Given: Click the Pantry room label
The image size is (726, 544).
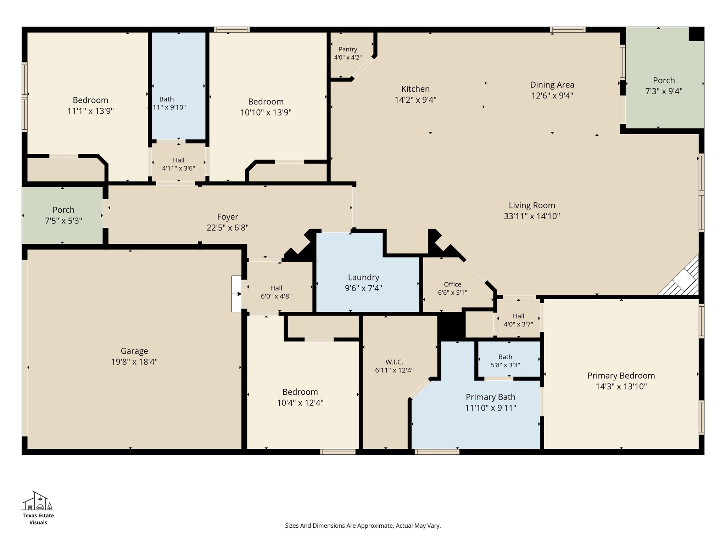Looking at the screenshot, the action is [x=348, y=49].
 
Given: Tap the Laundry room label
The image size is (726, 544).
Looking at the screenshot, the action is [x=363, y=277].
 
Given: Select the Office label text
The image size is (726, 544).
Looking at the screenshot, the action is [x=453, y=284].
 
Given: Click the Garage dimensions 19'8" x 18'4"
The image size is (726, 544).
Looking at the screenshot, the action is [x=134, y=362].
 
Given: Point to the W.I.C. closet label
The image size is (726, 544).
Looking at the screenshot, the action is [x=394, y=362].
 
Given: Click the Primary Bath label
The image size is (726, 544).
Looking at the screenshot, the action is [x=491, y=397].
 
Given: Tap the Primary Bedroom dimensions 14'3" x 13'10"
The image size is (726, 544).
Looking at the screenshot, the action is [x=621, y=386].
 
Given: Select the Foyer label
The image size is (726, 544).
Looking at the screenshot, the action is [x=228, y=217].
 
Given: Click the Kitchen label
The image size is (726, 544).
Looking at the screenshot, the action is [x=415, y=89].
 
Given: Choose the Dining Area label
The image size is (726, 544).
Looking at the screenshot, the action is [x=552, y=85].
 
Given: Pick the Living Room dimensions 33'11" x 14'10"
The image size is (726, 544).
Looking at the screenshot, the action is [x=532, y=216].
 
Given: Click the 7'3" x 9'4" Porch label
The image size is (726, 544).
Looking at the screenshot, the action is [x=664, y=80].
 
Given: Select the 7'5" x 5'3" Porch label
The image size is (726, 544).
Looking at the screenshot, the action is [x=63, y=210].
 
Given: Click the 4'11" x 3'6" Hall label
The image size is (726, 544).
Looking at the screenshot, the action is [x=179, y=160].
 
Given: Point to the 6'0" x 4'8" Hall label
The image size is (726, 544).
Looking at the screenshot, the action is [x=276, y=288].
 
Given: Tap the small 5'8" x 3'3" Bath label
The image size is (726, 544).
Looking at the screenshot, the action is [x=505, y=357].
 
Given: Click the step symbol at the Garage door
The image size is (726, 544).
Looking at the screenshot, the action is [x=236, y=294].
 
